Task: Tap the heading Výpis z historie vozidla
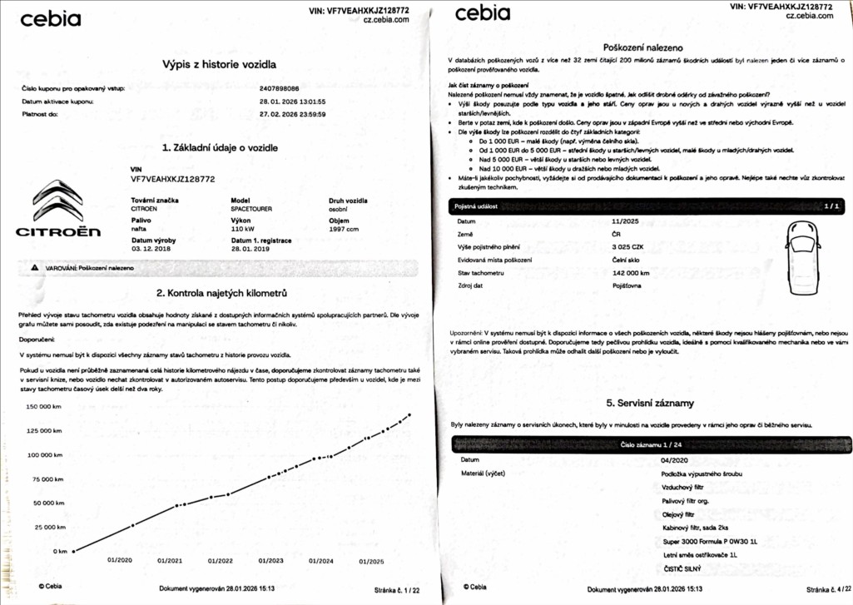coord(220,64)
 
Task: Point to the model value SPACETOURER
coord(252,209)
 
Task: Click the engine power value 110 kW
coord(243,229)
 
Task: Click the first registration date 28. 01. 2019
coord(251,249)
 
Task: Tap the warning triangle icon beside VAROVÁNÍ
coord(34,269)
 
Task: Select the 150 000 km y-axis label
coord(47,407)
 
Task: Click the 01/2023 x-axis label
coord(270,561)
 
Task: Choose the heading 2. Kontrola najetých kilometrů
coord(221,293)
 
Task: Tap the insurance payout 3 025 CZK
coord(628,247)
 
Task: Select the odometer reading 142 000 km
coord(631,273)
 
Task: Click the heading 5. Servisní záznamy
coord(650,404)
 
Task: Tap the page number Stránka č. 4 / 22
coord(817,589)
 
